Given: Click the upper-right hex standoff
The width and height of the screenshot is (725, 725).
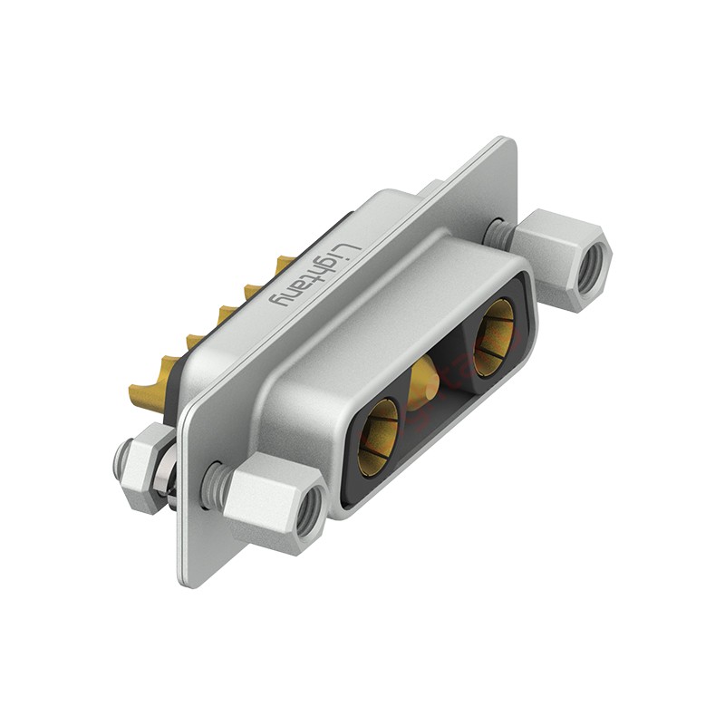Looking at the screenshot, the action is tap(561, 259).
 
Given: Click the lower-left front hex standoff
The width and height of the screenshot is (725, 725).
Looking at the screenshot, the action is tap(275, 503).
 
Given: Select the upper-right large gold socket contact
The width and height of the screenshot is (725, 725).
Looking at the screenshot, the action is tap(494, 336).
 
